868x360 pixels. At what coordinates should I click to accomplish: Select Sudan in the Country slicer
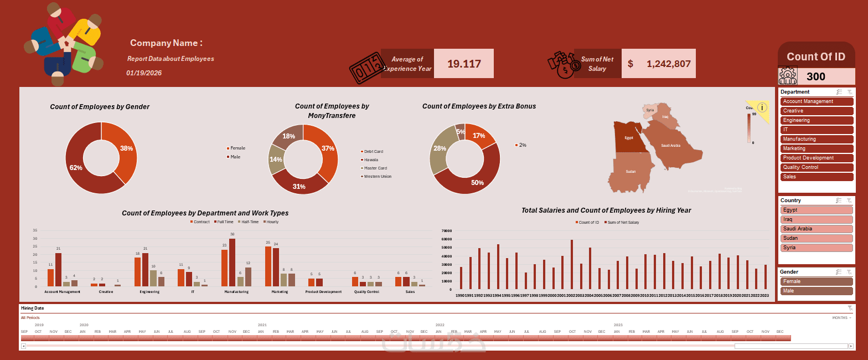(817, 238)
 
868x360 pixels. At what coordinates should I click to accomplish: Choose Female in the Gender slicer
(817, 281)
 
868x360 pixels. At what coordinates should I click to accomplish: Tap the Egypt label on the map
(629, 138)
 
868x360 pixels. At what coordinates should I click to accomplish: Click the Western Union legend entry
(377, 177)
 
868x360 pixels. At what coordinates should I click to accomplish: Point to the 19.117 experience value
(464, 64)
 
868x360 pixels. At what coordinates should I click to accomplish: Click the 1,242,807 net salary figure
(668, 64)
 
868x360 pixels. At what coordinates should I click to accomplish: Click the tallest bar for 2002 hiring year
(572, 264)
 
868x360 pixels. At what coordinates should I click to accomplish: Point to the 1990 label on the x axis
(460, 296)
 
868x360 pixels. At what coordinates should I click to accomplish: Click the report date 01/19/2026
(144, 73)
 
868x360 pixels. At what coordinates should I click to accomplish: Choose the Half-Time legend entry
(250, 222)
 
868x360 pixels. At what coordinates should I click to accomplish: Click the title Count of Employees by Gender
(100, 107)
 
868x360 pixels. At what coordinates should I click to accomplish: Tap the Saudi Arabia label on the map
(670, 146)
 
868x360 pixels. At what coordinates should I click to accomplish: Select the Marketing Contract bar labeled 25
(268, 266)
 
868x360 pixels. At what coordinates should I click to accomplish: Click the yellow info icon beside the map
(762, 107)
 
